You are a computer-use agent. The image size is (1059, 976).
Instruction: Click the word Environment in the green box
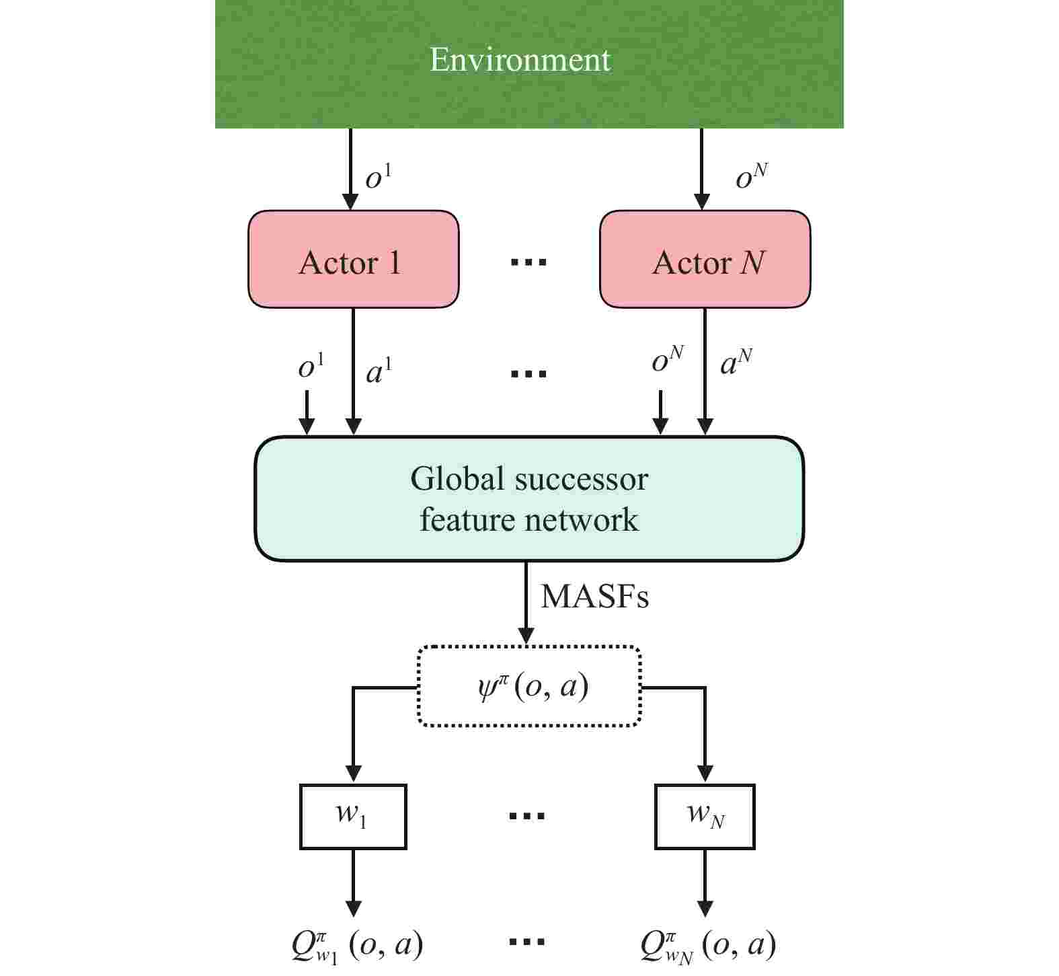click(x=520, y=59)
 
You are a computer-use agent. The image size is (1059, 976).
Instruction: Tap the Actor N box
click(x=705, y=260)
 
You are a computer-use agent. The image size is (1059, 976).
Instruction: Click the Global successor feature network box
click(x=528, y=498)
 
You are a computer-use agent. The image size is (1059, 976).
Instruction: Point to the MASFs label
click(x=594, y=596)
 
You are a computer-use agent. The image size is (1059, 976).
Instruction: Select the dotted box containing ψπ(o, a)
click(x=529, y=687)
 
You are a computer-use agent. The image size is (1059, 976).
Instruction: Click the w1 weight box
click(x=352, y=816)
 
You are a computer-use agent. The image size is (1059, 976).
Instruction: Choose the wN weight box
click(x=705, y=816)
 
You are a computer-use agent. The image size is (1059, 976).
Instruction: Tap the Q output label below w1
click(x=357, y=945)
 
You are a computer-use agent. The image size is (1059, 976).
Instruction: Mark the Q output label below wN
click(x=708, y=945)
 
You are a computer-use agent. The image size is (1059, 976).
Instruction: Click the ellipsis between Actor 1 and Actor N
click(x=528, y=262)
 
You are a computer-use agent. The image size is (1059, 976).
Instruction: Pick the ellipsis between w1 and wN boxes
click(x=527, y=816)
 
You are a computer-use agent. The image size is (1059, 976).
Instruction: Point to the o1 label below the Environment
click(x=378, y=178)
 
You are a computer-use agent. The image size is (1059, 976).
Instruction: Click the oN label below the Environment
click(x=751, y=176)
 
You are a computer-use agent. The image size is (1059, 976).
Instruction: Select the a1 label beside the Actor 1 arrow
click(x=379, y=371)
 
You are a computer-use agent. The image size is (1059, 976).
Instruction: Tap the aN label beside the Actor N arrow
click(x=736, y=362)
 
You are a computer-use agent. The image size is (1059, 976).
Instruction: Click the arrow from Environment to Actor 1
click(x=350, y=168)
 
